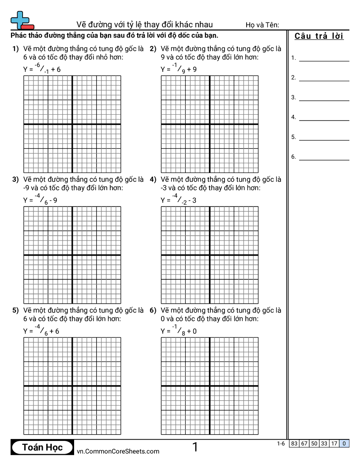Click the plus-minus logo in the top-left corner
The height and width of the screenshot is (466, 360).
tap(22, 20)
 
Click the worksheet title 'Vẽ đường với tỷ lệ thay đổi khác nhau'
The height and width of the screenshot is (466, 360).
tap(144, 24)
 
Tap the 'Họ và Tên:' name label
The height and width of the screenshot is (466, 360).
tap(262, 25)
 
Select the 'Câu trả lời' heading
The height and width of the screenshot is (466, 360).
tap(319, 36)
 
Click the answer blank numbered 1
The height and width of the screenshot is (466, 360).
tap(324, 58)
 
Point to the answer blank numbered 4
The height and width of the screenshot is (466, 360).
tap(324, 117)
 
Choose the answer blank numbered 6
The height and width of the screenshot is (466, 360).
tap(324, 157)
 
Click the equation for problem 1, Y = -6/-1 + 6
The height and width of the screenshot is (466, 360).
tap(42, 68)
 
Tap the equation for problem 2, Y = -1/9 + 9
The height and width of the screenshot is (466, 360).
tap(179, 68)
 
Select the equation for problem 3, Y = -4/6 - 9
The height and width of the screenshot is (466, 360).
tap(40, 199)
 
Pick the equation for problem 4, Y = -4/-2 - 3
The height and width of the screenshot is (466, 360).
tap(179, 199)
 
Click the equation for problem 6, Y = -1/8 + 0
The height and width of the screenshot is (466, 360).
tap(179, 330)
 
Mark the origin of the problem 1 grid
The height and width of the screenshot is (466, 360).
tap(72, 124)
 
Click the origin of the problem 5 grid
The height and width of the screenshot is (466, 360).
tap(72, 386)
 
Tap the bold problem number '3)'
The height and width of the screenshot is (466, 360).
tap(15, 180)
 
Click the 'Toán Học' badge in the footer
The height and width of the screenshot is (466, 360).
tap(42, 447)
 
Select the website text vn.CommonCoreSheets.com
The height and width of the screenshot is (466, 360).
tap(118, 451)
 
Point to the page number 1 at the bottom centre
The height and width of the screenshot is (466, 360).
tap(195, 447)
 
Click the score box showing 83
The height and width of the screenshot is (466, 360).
tap(294, 443)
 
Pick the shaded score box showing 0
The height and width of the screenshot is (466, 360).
tap(344, 443)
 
